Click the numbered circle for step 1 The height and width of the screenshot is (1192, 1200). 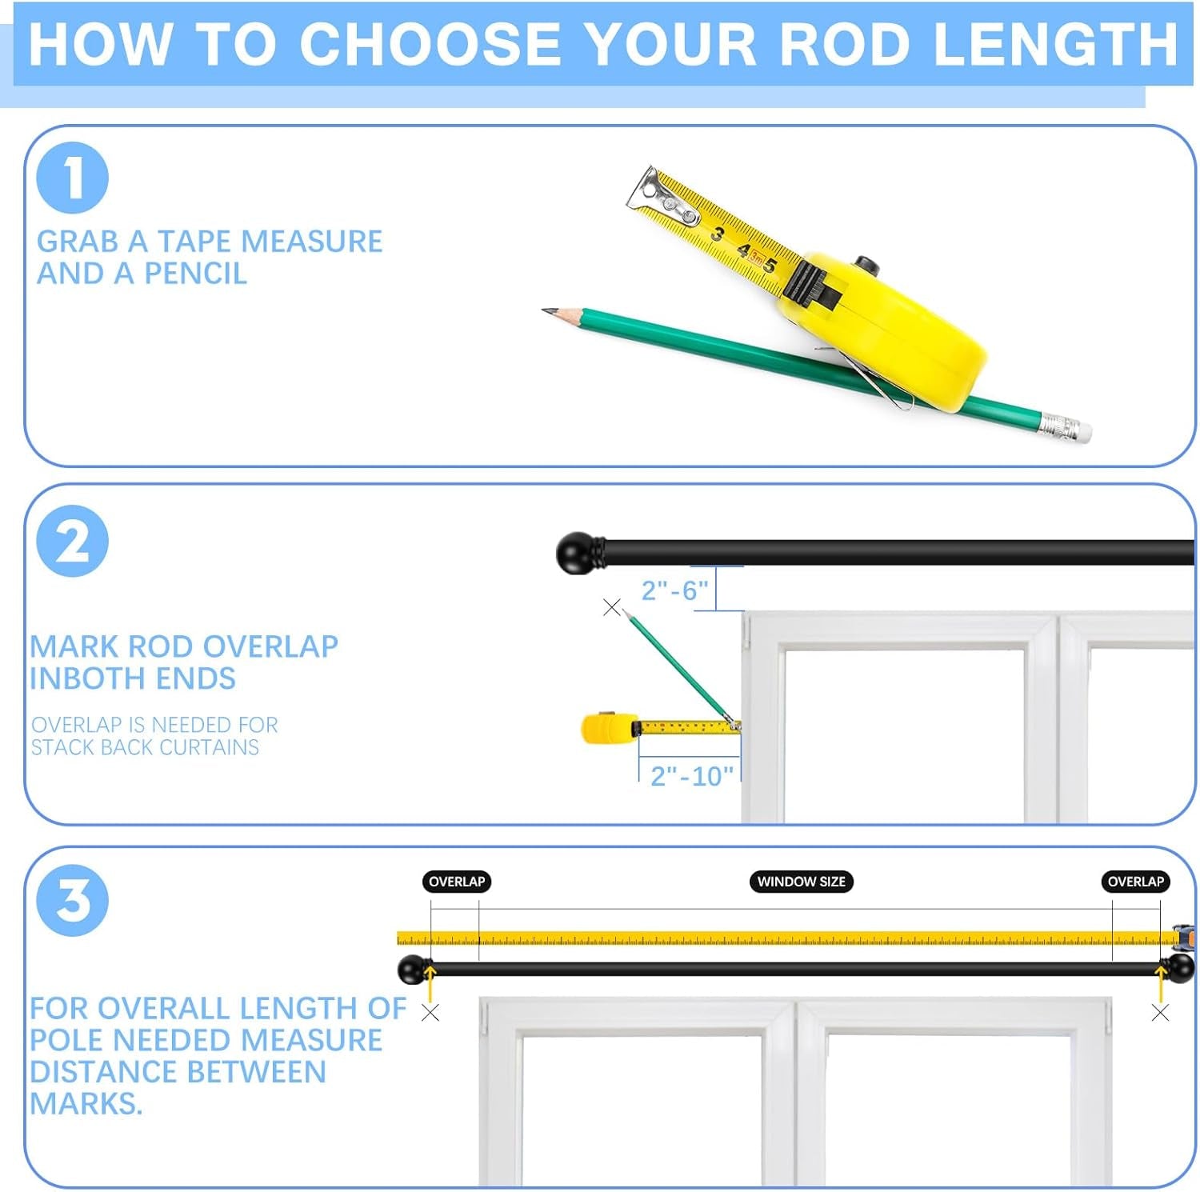tap(72, 178)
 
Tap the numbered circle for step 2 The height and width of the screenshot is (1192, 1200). tap(72, 542)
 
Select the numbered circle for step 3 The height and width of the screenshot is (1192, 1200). tap(72, 901)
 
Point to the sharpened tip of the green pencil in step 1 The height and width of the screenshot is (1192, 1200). tap(543, 310)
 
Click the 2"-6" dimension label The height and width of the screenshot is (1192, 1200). tap(674, 590)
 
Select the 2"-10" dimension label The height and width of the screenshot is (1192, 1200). tap(691, 776)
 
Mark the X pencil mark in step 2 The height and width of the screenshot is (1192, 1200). tap(612, 607)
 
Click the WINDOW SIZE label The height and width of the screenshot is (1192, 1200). tap(802, 882)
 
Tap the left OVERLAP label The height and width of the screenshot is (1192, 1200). tap(457, 882)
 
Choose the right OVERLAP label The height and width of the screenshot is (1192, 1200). tap(1135, 882)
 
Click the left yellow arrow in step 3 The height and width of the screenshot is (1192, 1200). tap(430, 984)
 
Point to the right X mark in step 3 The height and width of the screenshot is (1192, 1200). tap(1160, 1013)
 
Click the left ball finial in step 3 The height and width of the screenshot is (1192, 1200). tap(413, 970)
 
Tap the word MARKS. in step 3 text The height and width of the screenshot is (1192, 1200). tap(86, 1104)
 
